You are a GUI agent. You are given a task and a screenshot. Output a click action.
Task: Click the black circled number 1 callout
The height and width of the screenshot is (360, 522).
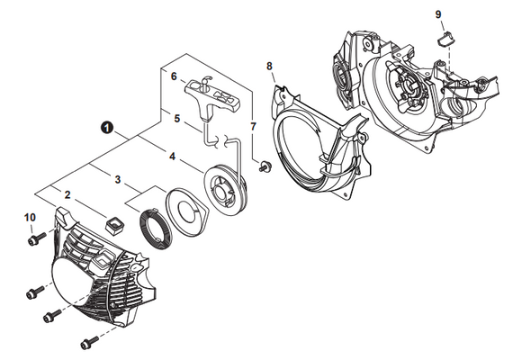tap(107, 128)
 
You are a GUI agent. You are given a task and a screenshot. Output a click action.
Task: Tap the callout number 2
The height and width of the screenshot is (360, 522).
tap(67, 194)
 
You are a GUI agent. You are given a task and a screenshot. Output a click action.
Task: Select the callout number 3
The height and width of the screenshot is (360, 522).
tap(118, 179)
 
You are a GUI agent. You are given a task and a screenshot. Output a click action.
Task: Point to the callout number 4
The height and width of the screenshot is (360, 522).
tap(172, 157)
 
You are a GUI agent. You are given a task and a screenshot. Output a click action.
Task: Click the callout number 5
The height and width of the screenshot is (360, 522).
tap(176, 118)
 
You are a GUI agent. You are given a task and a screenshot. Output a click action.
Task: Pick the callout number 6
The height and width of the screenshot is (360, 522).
tap(174, 76)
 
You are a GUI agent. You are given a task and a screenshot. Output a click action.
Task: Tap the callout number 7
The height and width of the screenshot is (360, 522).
tap(253, 126)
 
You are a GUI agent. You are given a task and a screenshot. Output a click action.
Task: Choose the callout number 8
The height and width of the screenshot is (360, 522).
tap(269, 66)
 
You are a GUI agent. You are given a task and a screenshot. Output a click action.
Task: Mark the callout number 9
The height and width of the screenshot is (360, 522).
tap(438, 14)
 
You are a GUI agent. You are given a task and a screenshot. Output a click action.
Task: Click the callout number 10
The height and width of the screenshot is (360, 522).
tap(30, 218)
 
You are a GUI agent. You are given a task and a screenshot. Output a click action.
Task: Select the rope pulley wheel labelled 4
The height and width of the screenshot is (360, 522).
tap(227, 189)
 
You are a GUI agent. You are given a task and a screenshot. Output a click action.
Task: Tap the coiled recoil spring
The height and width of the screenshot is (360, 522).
tap(155, 229)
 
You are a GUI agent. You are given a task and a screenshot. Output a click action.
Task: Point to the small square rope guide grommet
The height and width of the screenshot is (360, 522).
tap(115, 225)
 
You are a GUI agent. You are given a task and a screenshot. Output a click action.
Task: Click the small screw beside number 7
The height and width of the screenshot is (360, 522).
tap(265, 166)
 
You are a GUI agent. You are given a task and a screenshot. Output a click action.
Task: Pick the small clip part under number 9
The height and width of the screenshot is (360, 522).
tap(446, 39)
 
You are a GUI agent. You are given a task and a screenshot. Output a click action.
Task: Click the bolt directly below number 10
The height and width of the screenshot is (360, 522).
tap(36, 239)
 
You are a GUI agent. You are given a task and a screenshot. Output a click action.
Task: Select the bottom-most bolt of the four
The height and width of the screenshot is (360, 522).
tap(89, 342)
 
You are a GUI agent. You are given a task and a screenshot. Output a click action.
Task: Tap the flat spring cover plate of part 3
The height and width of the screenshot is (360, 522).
tap(187, 208)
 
